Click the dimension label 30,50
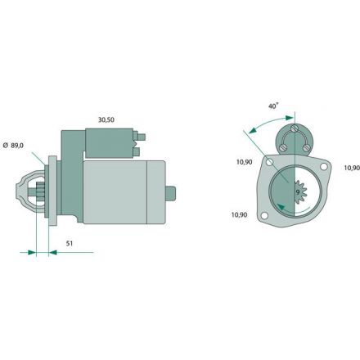click(x=106, y=119)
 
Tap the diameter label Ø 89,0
click(x=13, y=146)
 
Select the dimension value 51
click(x=70, y=243)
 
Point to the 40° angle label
click(x=273, y=106)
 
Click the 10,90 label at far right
click(x=352, y=168)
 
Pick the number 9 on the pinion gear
click(x=298, y=191)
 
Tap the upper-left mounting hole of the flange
click(x=270, y=162)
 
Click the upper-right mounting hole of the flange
click(x=323, y=166)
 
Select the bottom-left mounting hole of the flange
click(x=264, y=216)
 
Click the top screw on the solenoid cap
click(x=294, y=128)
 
